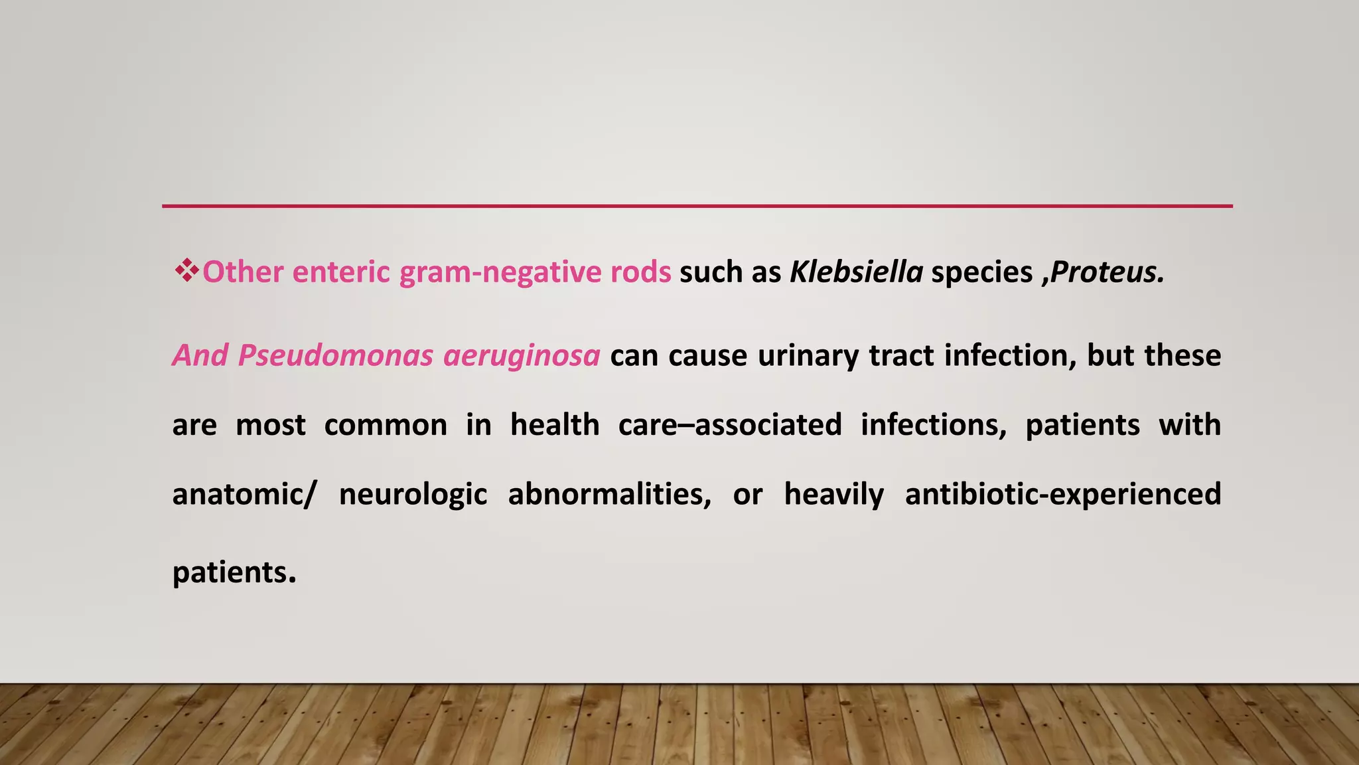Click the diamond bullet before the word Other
point(186,271)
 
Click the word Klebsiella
point(856,272)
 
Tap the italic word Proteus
point(1106,272)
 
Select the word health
point(555,425)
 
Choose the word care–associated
point(730,425)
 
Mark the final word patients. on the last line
point(234,572)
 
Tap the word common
point(386,425)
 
